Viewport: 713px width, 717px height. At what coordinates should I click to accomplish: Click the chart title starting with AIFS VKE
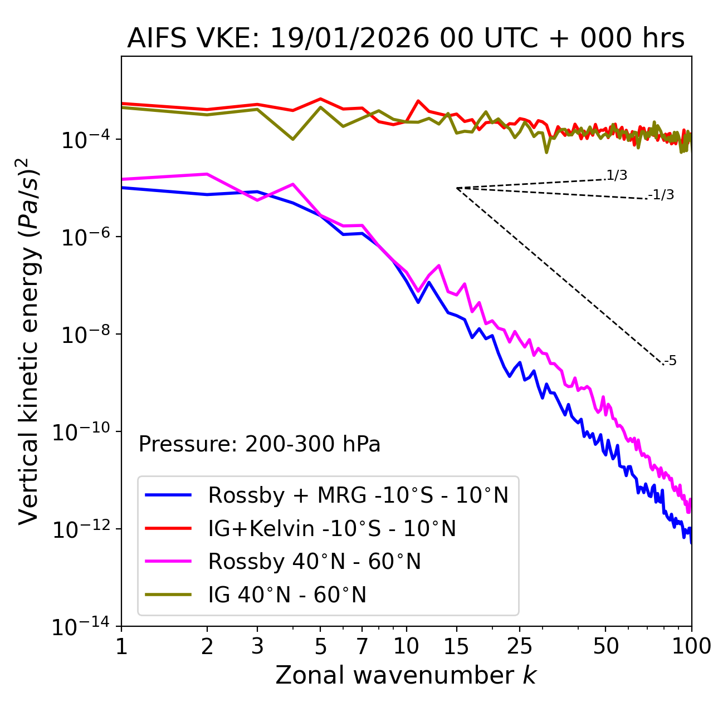coord(406,38)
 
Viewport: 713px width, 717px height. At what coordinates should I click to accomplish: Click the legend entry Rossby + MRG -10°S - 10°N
coord(358,495)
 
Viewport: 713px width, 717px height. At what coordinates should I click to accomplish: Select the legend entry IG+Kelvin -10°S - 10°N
coord(332,528)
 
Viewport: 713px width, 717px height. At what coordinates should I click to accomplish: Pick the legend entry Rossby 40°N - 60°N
coord(314,562)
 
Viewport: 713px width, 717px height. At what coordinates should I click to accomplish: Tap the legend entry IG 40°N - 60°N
coord(287,595)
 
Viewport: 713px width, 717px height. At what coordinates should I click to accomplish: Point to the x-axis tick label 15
coord(457,646)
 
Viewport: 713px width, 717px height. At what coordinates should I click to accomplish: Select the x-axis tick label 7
coord(362,646)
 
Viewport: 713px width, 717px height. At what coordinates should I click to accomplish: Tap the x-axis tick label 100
coord(691,646)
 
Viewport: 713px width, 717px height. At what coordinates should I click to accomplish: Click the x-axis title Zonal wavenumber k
coord(406,675)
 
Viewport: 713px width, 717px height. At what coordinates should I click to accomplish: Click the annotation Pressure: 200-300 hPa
coord(259,444)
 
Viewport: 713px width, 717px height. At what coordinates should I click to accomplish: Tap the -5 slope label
coord(670,361)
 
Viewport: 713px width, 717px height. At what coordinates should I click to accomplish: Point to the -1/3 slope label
coord(661,195)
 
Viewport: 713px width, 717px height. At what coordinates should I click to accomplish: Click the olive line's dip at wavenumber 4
coord(293,139)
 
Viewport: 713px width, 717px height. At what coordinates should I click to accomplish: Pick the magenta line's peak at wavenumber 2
coord(207,174)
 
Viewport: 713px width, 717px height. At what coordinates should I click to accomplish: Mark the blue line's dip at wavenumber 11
coord(418,302)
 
